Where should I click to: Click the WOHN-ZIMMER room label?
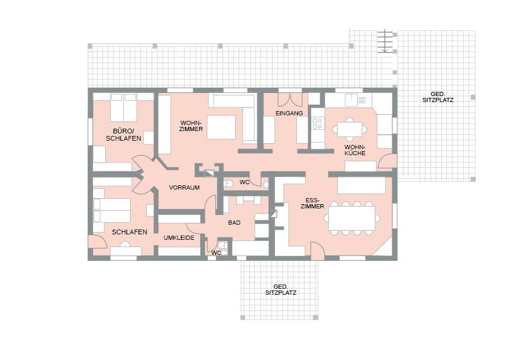tap(191, 126)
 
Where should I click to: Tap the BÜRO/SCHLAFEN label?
tap(123, 135)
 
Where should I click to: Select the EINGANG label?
tap(289, 113)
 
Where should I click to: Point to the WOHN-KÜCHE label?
tap(355, 150)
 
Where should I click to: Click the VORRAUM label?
tap(184, 187)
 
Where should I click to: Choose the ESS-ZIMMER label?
tap(313, 203)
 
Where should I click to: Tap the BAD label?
tap(234, 222)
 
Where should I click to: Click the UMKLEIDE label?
tap(179, 237)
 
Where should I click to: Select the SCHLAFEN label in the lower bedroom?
tap(129, 232)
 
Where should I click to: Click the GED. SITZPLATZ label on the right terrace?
tap(438, 97)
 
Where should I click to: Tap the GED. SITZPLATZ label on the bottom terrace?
tap(280, 289)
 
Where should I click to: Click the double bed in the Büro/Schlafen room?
tap(123, 107)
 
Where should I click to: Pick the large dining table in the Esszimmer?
tap(352, 218)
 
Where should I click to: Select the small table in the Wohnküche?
tap(349, 129)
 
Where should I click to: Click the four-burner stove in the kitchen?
tap(317, 124)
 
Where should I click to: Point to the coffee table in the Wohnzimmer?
tap(221, 127)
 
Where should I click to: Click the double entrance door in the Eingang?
tap(290, 100)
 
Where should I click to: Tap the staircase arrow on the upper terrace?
tap(384, 41)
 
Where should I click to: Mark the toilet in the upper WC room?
tap(229, 184)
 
